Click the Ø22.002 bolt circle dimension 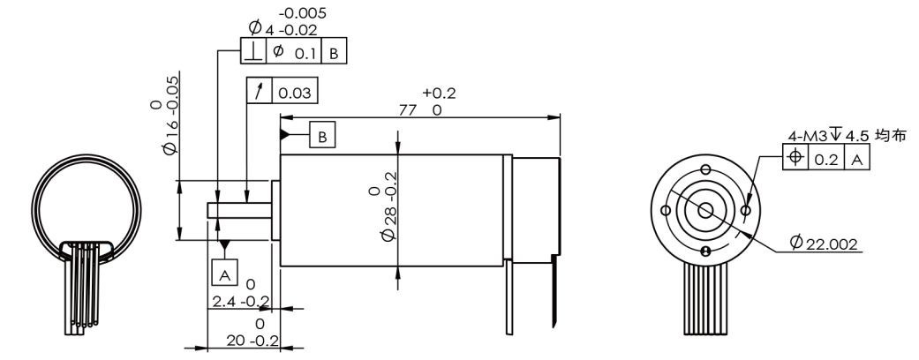(x=824, y=243)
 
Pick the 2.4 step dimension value (x=222, y=302)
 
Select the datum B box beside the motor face (x=322, y=137)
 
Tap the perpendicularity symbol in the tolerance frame (x=253, y=51)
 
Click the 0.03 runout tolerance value (x=295, y=93)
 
